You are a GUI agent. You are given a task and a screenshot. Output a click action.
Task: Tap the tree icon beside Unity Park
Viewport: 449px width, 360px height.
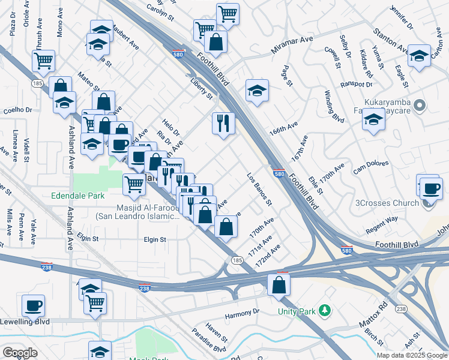click(x=325, y=310)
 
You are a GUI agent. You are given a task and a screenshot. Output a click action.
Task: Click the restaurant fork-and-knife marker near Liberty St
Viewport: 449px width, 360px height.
click(x=223, y=124)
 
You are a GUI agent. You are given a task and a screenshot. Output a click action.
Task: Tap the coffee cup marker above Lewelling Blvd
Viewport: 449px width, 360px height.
click(x=33, y=305)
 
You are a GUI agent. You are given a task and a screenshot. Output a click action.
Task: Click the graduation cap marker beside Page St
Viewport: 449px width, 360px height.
click(x=257, y=91)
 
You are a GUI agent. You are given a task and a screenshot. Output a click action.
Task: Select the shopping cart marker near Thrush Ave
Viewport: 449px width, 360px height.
click(x=43, y=60)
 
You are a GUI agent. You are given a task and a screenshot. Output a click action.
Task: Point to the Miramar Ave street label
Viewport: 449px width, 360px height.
click(x=292, y=44)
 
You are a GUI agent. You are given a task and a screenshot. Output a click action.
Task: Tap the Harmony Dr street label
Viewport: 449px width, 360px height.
click(x=242, y=311)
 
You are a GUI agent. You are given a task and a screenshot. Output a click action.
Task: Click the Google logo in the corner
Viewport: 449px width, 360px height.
click(x=20, y=352)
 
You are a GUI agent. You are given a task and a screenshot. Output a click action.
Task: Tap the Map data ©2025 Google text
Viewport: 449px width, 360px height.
click(x=411, y=355)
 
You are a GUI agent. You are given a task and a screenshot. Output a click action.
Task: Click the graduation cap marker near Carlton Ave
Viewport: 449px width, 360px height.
click(x=419, y=55)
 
